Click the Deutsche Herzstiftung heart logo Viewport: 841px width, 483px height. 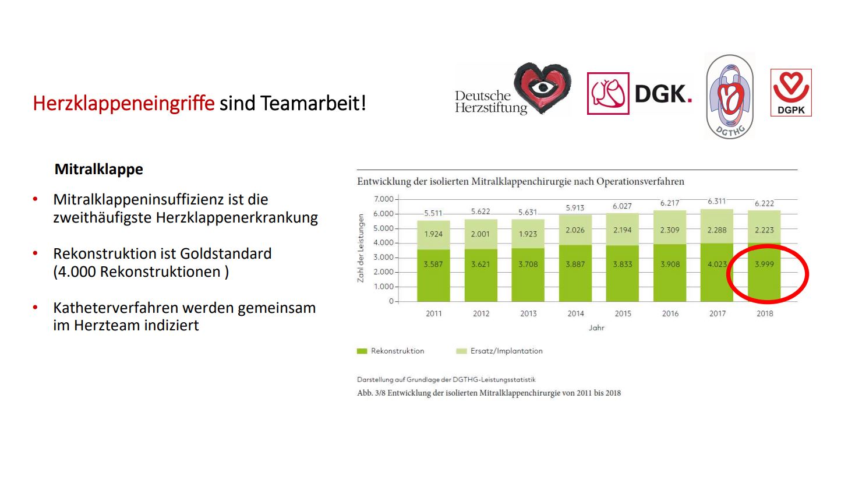click(542, 89)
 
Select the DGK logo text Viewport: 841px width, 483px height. click(663, 93)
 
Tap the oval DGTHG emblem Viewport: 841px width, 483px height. click(730, 97)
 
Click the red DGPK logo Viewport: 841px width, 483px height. click(790, 92)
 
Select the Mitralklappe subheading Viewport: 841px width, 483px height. click(98, 170)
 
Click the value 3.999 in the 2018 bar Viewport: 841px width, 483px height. click(765, 264)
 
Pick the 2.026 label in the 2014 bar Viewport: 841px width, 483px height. click(575, 230)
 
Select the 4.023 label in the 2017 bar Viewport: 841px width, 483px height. click(716, 264)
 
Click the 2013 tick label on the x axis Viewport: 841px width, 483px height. click(528, 313)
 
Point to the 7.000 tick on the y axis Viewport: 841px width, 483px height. click(383, 199)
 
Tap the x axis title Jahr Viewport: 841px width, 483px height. click(596, 328)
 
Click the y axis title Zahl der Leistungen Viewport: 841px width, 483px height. click(361, 249)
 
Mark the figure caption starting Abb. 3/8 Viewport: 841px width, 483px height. click(489, 393)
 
